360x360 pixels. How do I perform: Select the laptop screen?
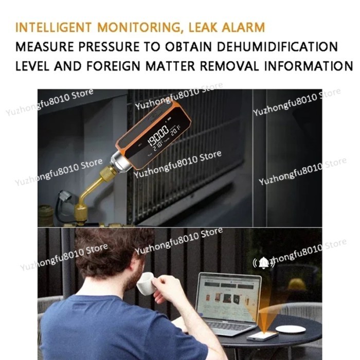point(229,296)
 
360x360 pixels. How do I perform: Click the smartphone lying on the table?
point(262,335)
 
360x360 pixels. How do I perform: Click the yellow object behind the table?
point(297,284)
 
